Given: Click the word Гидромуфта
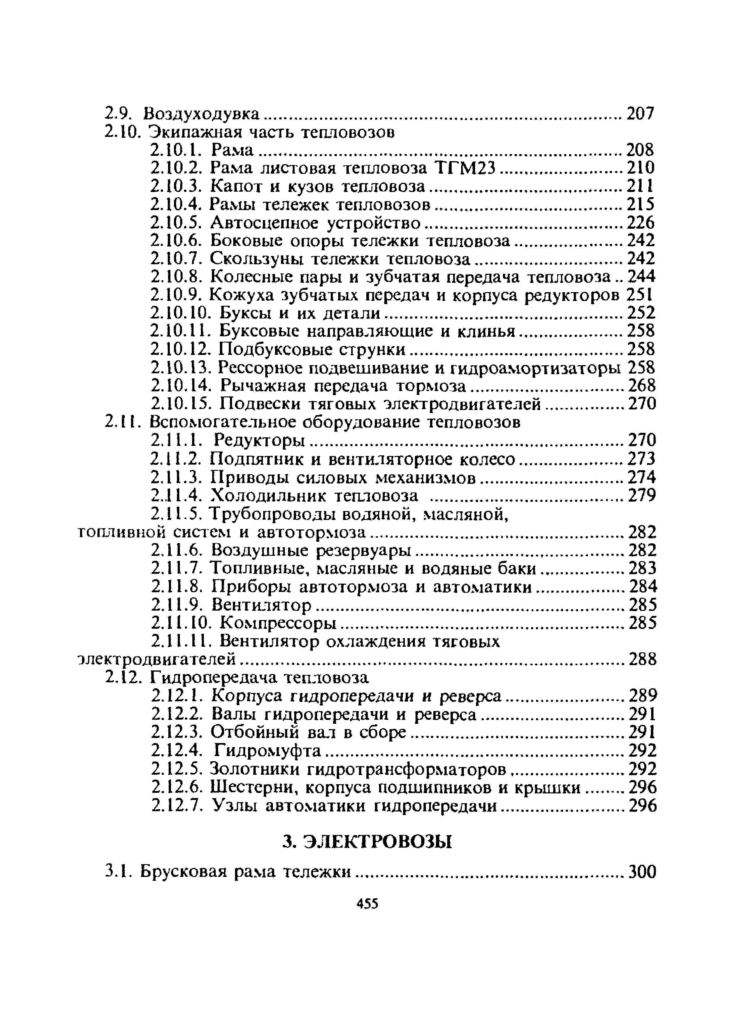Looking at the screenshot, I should tap(267, 750).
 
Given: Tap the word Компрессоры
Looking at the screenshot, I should tap(278, 622).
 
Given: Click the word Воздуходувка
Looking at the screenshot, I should tap(202, 114).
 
